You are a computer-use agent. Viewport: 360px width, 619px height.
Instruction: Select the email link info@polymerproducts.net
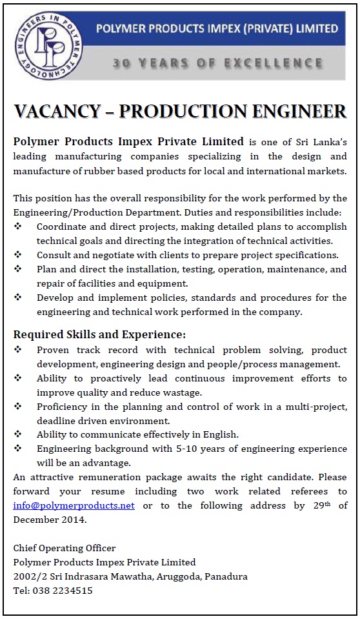click(74, 505)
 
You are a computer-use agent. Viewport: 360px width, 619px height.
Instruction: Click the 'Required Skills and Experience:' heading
click(99, 334)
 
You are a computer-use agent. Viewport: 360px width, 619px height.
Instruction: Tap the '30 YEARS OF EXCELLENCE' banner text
click(217, 63)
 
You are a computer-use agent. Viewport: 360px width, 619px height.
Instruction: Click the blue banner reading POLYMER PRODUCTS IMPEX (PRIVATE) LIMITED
click(217, 28)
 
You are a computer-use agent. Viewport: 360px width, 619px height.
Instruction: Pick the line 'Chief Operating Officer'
click(65, 548)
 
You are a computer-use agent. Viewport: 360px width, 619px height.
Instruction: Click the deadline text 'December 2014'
click(48, 520)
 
